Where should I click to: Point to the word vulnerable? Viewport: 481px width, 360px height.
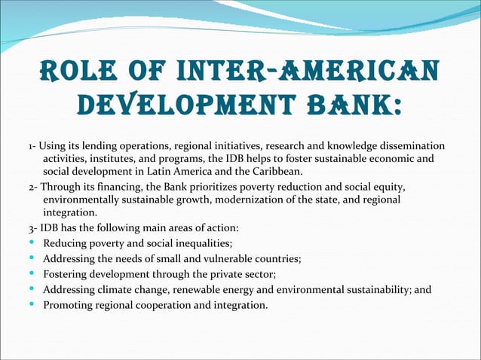tap(226, 259)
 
